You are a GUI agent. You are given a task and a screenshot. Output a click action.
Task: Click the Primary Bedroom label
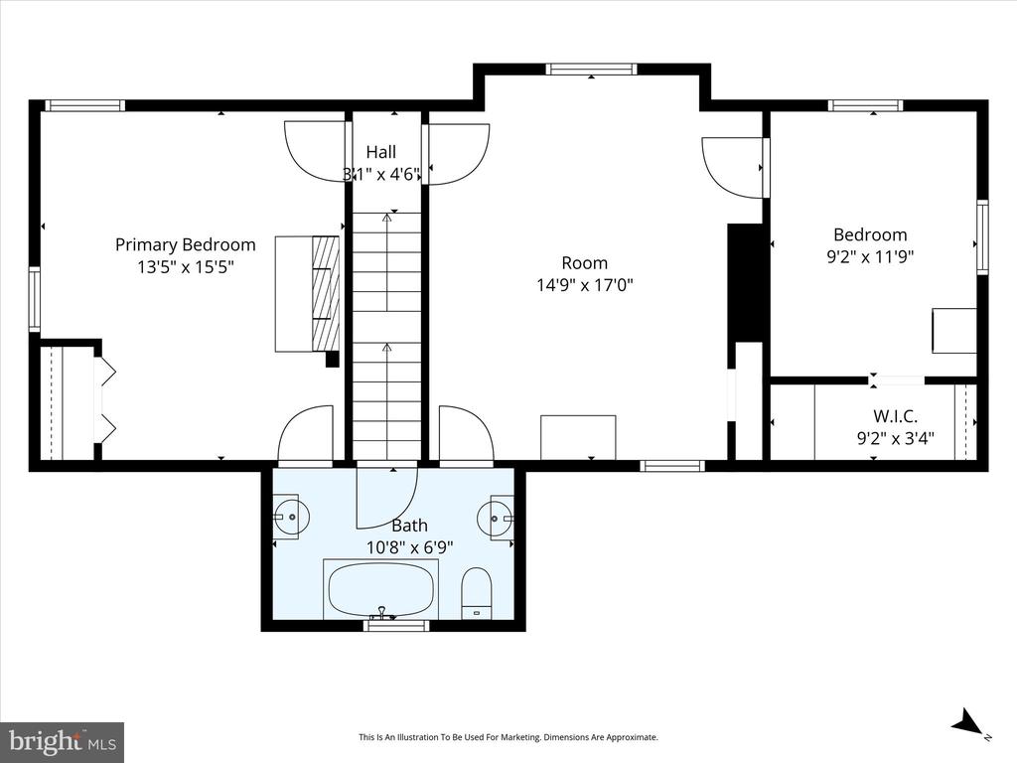[x=185, y=244]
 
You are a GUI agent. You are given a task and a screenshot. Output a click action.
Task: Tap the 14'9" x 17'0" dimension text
[x=584, y=285]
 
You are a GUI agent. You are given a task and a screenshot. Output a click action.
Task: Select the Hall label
[x=380, y=152]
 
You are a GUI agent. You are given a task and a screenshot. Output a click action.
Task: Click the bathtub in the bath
[x=381, y=590]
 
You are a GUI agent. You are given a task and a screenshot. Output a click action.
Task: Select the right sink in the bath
[x=496, y=518]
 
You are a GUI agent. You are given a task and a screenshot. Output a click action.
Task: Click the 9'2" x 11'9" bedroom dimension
[x=870, y=256]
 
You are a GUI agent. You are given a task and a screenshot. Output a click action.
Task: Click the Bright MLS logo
[x=62, y=741]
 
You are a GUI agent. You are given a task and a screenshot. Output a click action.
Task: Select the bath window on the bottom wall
[x=396, y=626]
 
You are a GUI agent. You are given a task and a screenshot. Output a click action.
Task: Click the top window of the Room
[x=591, y=70]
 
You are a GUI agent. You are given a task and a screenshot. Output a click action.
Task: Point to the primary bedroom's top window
[x=84, y=105]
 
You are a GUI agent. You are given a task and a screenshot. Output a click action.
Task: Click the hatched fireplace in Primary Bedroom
[x=326, y=293]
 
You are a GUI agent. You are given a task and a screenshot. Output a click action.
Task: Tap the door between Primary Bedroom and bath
[x=305, y=437]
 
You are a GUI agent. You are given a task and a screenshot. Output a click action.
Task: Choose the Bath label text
[x=409, y=526]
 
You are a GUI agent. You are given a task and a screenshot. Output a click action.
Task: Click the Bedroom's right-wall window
[x=982, y=236]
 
